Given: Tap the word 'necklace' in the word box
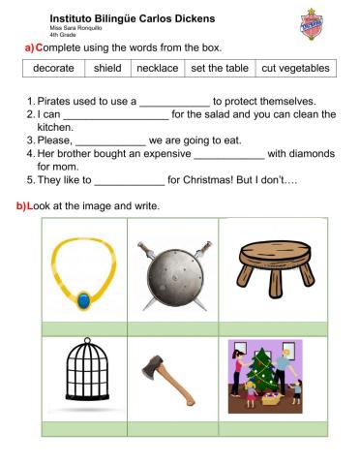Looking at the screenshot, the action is tap(157, 69).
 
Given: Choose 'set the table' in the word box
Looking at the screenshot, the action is tap(219, 69).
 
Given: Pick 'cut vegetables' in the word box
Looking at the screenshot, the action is tap(295, 69).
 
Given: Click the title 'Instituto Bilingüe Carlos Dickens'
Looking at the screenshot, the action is tap(132, 18).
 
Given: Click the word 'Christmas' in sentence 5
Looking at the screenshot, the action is tap(198, 179).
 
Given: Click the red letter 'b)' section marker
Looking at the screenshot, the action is tap(19, 205).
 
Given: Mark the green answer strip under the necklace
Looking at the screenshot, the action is tap(85, 327).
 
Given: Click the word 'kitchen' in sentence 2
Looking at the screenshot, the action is tap(54, 126).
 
